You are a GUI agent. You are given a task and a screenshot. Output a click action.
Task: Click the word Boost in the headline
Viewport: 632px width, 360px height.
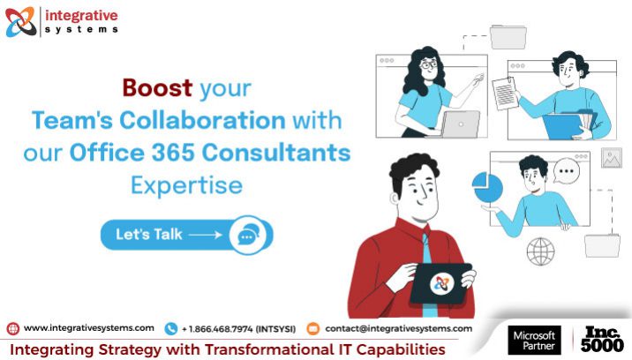tap(158, 89)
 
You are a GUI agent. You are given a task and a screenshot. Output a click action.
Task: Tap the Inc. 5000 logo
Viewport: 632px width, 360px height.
tap(603, 340)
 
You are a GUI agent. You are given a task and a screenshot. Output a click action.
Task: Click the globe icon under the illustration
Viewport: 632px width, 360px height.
tap(540, 251)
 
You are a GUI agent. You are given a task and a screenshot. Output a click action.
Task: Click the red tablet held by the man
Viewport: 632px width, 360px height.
tap(442, 282)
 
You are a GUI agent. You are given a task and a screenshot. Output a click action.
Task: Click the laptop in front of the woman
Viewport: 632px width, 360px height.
tap(460, 124)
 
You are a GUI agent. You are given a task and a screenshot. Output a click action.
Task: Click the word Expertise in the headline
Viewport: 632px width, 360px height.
tap(185, 185)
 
